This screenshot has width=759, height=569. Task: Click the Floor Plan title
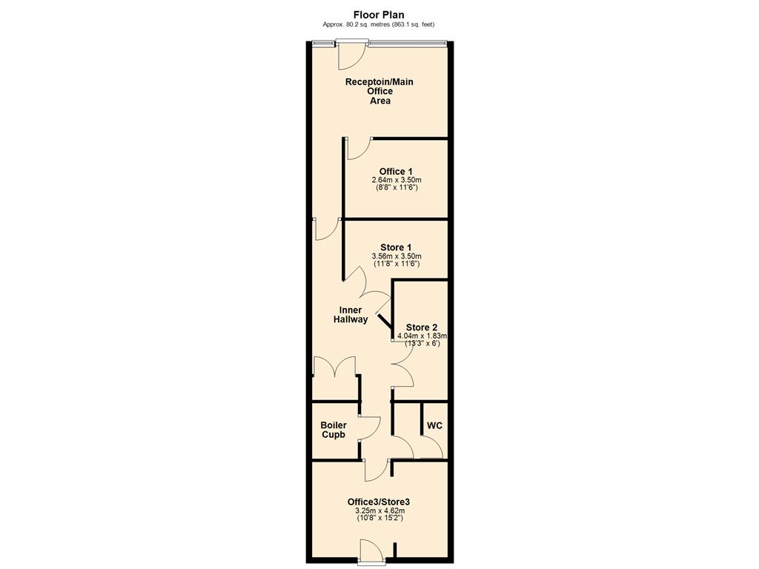(x=379, y=15)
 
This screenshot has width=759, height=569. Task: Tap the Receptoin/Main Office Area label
(x=379, y=91)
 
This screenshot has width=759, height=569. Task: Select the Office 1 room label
(x=396, y=171)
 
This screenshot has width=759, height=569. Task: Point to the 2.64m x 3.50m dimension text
(x=396, y=180)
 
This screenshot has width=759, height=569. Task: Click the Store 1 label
(x=396, y=247)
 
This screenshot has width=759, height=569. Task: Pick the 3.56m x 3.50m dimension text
(x=396, y=256)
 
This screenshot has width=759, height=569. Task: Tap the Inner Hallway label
(x=351, y=314)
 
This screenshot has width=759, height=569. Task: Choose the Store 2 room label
(x=421, y=327)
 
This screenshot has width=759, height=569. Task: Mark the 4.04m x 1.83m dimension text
(x=422, y=336)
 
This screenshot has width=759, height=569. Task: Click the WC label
(x=434, y=426)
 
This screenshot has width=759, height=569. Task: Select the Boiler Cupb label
(x=334, y=430)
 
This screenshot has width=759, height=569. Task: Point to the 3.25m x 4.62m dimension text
(x=379, y=510)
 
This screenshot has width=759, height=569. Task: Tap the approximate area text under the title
(x=379, y=24)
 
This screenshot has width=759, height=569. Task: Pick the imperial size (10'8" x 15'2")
(x=379, y=518)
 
